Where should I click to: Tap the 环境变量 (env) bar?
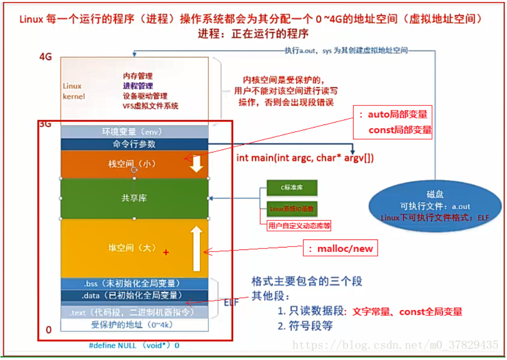click(133, 132)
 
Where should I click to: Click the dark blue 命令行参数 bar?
click(134, 144)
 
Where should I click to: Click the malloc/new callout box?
click(340, 248)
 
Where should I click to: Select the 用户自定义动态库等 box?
click(299, 225)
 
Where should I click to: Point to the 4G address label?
click(45, 56)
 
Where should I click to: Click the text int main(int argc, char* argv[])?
click(305, 158)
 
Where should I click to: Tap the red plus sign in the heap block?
click(166, 253)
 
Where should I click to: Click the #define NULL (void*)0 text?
click(134, 345)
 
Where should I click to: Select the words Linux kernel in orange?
click(73, 91)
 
